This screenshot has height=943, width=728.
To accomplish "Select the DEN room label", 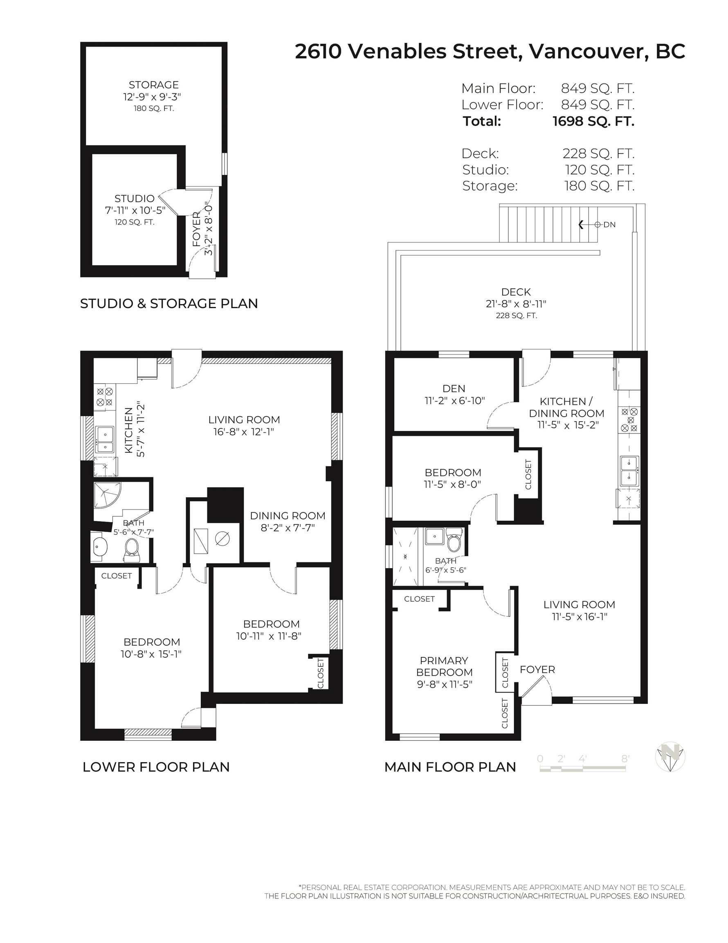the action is click(x=454, y=388).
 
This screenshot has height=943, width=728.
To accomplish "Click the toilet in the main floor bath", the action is click(x=454, y=541).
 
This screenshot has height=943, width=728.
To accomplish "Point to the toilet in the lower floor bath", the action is click(x=132, y=550).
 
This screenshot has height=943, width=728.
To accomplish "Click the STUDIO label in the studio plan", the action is click(x=134, y=198).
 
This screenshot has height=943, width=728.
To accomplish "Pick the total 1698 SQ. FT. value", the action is click(x=593, y=121).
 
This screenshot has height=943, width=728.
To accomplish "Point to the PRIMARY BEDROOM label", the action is click(x=444, y=666).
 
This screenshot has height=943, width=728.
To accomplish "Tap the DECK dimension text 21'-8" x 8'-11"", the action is click(x=516, y=304).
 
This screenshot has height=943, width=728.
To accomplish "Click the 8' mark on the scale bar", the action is click(x=625, y=759).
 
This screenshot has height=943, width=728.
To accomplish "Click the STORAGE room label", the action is click(x=154, y=85).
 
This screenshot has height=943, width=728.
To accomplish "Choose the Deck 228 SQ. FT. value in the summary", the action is click(x=598, y=153).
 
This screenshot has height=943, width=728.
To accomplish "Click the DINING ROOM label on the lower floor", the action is click(x=288, y=516).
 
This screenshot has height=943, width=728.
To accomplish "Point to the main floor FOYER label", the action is click(x=537, y=669).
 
